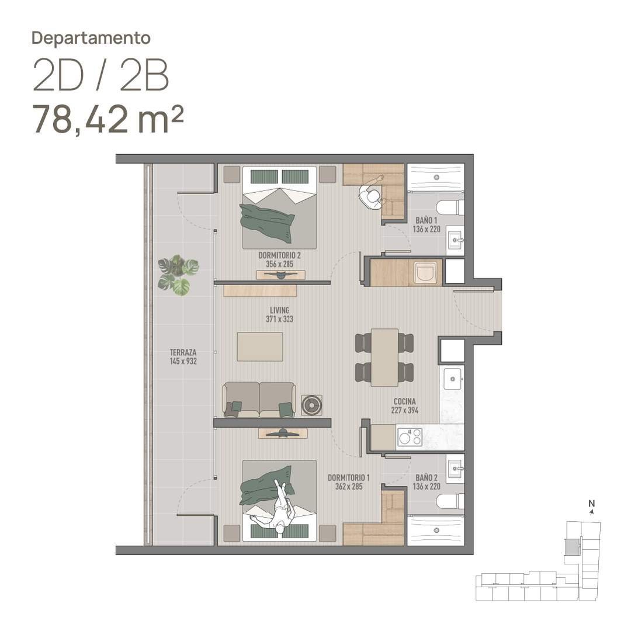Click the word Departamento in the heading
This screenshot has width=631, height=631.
tap(91, 38)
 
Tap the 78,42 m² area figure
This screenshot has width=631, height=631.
tap(108, 119)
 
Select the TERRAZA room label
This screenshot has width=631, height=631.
tap(183, 352)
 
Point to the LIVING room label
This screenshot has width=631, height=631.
tap(280, 310)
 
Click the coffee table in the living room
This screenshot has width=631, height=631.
tap(260, 346)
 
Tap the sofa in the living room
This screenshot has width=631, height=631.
tap(259, 400)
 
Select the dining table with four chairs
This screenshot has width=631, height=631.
tap(384, 358)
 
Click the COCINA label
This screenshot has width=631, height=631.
tap(404, 401)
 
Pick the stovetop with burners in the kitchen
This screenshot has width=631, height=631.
tap(410, 436)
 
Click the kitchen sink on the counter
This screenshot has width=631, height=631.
tap(453, 379)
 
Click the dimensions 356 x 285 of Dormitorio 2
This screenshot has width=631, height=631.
tap(280, 264)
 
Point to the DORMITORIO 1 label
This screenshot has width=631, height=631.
tap(348, 478)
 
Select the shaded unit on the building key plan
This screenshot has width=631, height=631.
tap(571, 547)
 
